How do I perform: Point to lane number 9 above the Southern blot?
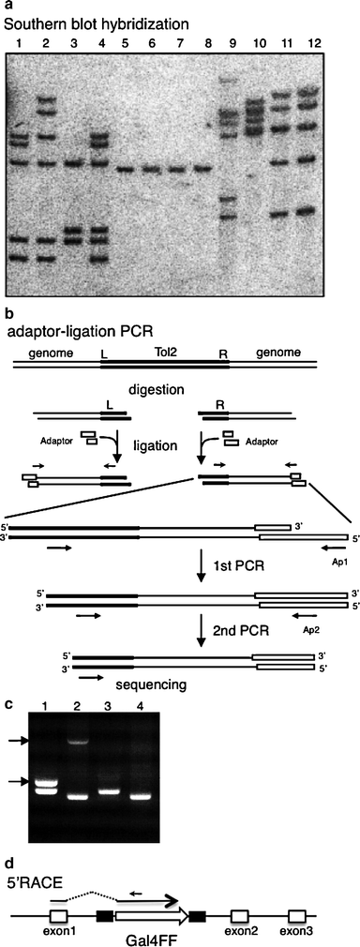click(232, 43)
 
